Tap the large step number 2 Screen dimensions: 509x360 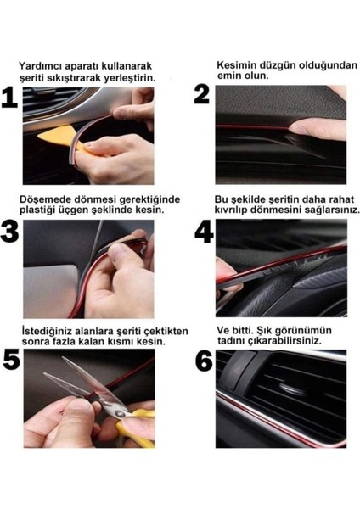click(202, 94)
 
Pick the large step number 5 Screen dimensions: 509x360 click(10, 361)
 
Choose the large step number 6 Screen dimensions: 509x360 click(204, 361)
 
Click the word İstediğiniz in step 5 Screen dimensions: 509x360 click(48, 329)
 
